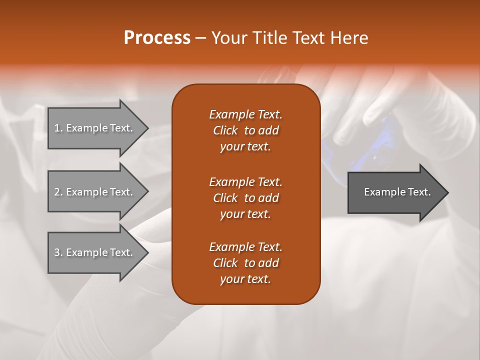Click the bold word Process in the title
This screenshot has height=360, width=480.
tap(157, 38)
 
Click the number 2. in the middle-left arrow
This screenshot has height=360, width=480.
tap(58, 192)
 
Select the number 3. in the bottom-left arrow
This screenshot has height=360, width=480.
tap(58, 252)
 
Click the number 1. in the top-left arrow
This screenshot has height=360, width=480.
tap(58, 128)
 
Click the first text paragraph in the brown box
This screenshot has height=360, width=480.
tap(245, 130)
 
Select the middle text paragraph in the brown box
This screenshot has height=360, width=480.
tap(245, 197)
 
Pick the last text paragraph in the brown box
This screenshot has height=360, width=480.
tap(245, 263)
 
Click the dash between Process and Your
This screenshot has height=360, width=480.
tap(201, 38)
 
